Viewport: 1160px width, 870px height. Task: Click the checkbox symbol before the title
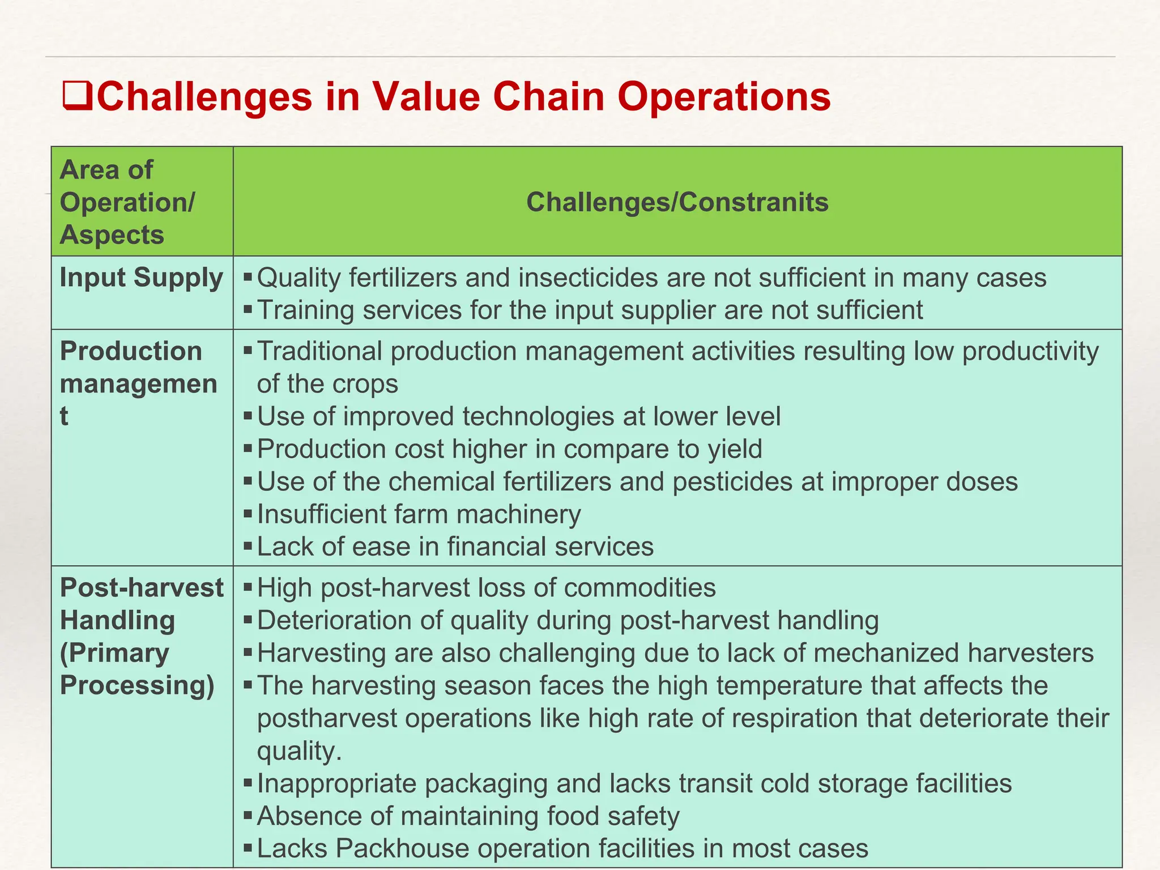[x=77, y=96]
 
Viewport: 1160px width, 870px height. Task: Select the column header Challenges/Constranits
[x=677, y=202]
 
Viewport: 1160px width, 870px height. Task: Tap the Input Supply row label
[x=141, y=278]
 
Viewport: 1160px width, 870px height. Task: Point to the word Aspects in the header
[x=112, y=234]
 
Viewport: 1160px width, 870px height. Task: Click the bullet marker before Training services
[x=248, y=310]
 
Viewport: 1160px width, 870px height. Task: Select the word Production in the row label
[x=131, y=351]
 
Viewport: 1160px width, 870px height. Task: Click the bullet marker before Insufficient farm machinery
[x=248, y=514]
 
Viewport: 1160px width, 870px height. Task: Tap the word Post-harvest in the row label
[x=142, y=587]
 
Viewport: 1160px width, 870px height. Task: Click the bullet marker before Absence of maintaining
[x=248, y=816]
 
